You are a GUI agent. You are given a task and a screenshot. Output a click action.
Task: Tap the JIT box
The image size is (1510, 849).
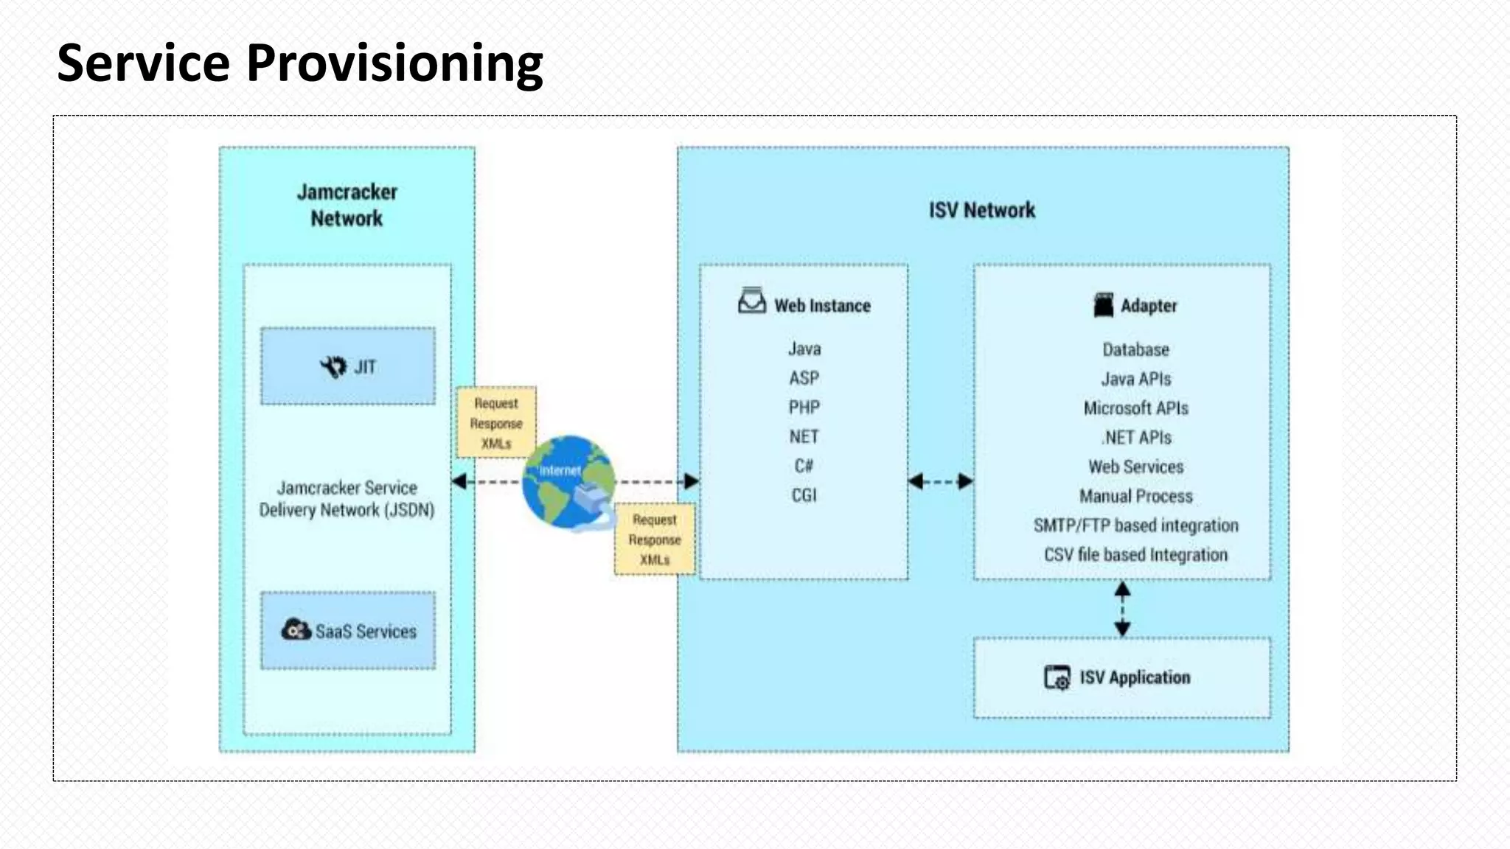tap(347, 366)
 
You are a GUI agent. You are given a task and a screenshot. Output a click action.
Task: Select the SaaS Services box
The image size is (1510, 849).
tap(347, 631)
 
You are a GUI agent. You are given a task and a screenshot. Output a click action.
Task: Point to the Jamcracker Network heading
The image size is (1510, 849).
tap(347, 205)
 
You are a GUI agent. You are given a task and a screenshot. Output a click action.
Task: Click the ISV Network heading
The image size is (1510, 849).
tap(981, 210)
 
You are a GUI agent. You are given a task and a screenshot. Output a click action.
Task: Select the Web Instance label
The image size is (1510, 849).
tap(821, 305)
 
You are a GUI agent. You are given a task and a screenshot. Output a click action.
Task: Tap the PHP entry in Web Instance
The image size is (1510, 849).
tap(804, 408)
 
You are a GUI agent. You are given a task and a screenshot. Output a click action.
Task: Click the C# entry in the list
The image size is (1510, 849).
tap(804, 466)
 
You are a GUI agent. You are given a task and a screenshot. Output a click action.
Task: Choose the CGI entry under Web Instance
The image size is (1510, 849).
tap(804, 495)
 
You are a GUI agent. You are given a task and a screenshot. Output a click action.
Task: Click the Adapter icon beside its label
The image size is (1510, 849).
tap(1103, 305)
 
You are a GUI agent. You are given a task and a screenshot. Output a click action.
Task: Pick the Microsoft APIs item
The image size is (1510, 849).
tap(1135, 408)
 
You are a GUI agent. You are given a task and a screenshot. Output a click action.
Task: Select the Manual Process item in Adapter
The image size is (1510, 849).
tap(1135, 496)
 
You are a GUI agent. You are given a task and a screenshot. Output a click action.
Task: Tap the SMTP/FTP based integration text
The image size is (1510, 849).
tap(1135, 525)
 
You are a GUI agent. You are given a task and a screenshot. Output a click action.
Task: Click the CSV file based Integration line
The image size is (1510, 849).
tap(1135, 555)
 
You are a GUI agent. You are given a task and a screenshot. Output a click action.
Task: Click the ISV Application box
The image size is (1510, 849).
tap(1121, 677)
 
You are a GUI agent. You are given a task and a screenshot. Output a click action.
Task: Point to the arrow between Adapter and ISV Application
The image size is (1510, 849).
tap(1122, 609)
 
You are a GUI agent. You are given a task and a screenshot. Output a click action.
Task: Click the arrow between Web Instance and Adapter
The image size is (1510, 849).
tap(940, 482)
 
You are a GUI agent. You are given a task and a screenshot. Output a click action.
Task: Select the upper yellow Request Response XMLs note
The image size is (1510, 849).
tap(496, 423)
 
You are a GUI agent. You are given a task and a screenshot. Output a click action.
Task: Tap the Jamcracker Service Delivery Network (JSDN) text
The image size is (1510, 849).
tap(347, 499)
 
